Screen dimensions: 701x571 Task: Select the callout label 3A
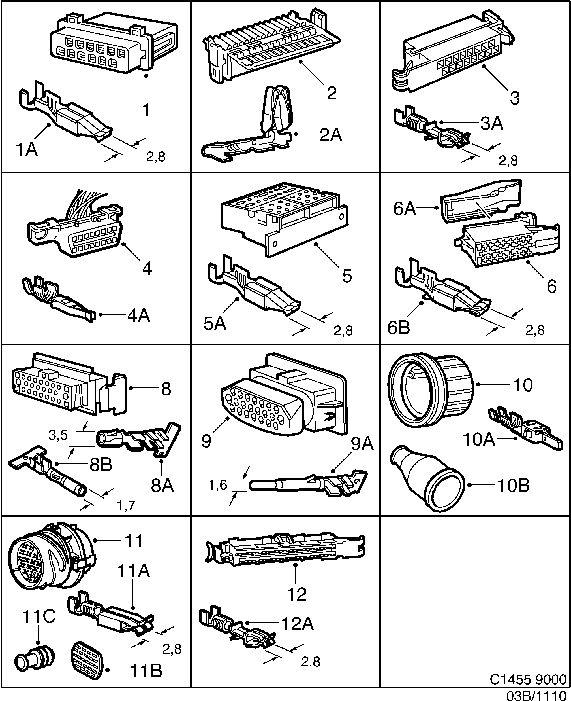[x=492, y=124]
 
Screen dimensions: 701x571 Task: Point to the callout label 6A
[x=405, y=209]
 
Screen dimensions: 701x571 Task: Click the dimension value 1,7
[x=126, y=505]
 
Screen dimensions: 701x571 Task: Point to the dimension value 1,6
[x=218, y=485]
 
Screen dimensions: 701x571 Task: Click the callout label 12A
[x=297, y=623]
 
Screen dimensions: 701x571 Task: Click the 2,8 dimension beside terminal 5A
[x=343, y=331]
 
